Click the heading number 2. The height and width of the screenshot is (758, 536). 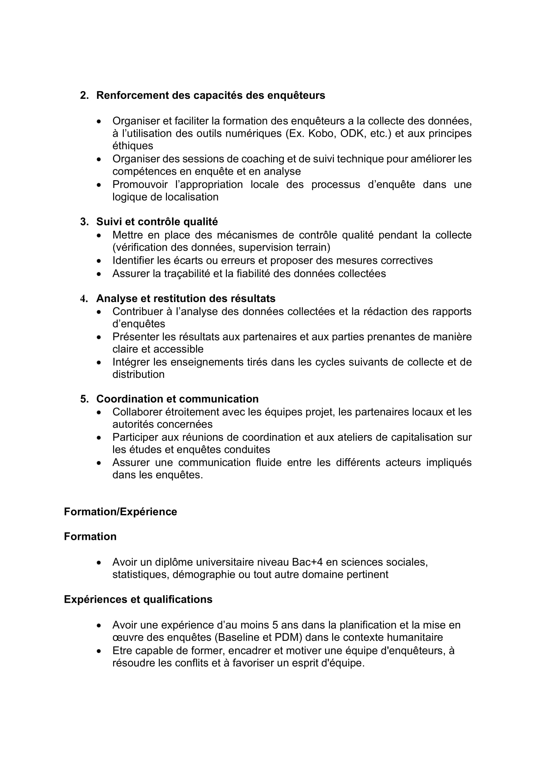(x=84, y=95)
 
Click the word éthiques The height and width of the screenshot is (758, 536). (x=133, y=146)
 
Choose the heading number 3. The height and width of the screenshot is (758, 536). (x=84, y=222)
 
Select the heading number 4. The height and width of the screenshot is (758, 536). (x=84, y=299)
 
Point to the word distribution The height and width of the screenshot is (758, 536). (x=138, y=374)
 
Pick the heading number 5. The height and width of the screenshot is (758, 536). (x=84, y=399)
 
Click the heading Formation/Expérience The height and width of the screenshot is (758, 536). (x=121, y=512)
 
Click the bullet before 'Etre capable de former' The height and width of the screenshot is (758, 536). (x=99, y=651)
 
